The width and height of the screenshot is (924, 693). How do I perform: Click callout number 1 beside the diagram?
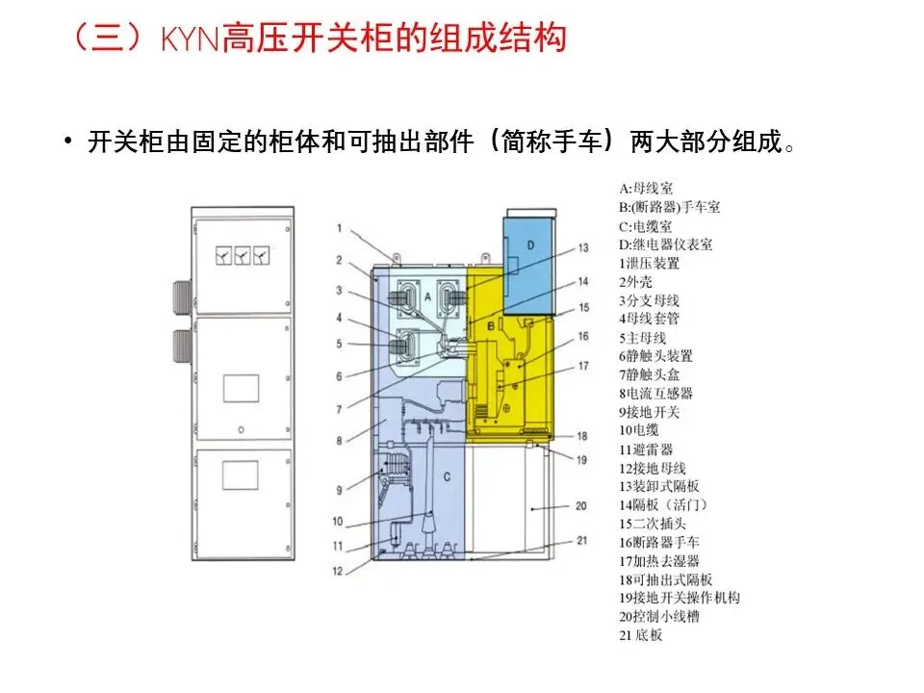(x=340, y=228)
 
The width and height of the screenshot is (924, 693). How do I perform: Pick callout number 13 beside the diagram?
(x=583, y=247)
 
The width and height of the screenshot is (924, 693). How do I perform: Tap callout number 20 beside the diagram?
(x=580, y=504)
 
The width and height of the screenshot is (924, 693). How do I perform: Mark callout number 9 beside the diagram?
(x=340, y=490)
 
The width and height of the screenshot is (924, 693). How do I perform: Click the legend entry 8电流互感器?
(x=655, y=393)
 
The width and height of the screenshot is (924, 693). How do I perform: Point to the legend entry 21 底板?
(x=641, y=634)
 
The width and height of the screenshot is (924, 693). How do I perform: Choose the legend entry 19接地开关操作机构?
(x=680, y=598)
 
